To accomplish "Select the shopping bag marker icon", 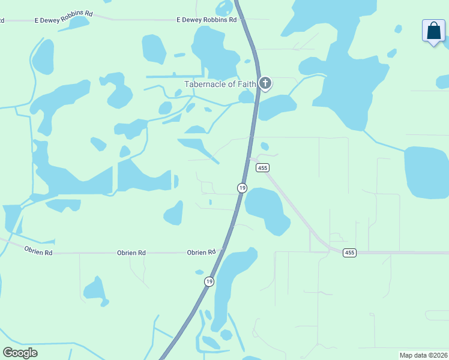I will (x=433, y=31).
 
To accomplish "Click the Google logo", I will (x=20, y=353).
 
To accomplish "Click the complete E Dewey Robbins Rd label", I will (x=202, y=20).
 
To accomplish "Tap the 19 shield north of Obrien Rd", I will (x=242, y=188).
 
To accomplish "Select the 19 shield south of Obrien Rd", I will (x=209, y=281).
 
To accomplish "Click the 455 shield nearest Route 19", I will (x=262, y=168).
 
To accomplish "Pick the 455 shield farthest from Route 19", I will (x=349, y=253).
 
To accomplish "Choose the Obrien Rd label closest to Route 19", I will (x=201, y=253).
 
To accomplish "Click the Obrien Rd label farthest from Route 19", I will (x=38, y=253).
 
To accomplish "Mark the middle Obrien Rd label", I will (x=131, y=253).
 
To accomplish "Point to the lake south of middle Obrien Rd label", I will (x=95, y=290).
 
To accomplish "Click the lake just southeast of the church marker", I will (x=277, y=107).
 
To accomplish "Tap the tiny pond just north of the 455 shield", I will (x=265, y=146).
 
